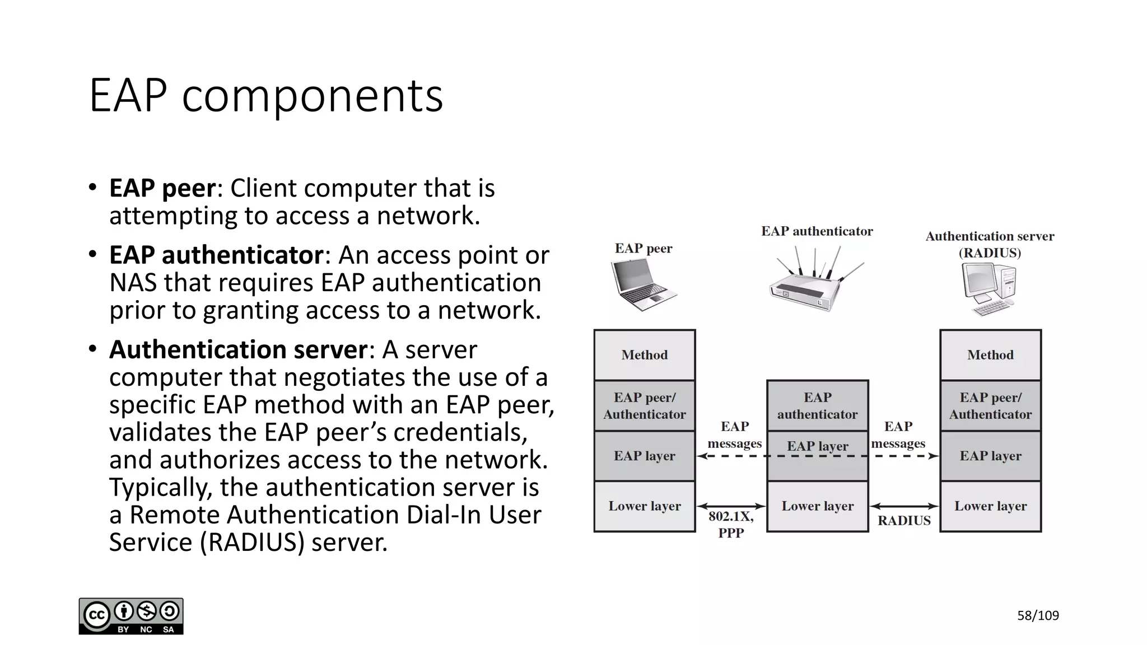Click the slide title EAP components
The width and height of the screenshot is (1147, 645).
(266, 95)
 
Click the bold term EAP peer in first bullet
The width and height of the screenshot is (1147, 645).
(162, 188)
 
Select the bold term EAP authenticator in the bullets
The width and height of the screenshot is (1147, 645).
(216, 255)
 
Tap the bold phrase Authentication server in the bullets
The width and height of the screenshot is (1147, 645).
(238, 350)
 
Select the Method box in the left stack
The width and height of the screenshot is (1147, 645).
(645, 355)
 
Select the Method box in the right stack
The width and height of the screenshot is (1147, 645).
(990, 355)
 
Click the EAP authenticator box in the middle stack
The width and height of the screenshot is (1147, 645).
(817, 405)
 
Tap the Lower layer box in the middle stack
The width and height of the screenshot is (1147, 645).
(817, 506)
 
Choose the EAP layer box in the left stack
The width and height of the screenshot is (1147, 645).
(645, 456)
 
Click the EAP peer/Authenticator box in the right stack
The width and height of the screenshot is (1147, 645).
(990, 405)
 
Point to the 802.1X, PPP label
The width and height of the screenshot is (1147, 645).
(731, 525)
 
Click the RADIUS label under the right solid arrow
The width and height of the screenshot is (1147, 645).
(904, 521)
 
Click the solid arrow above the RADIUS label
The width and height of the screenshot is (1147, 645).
(904, 506)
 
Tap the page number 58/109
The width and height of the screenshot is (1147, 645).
(1038, 616)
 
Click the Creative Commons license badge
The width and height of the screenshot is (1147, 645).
(131, 616)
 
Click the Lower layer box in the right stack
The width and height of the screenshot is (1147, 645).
(990, 506)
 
